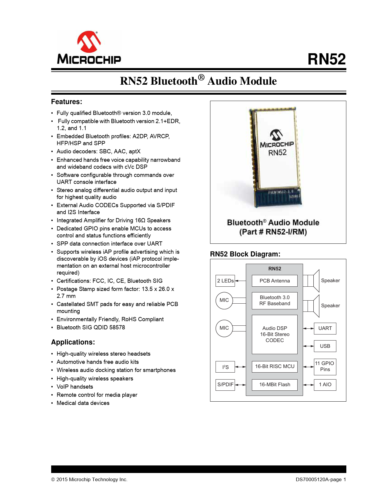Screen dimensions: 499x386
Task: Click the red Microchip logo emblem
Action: pos(89,41)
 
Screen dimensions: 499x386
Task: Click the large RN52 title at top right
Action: pos(326,59)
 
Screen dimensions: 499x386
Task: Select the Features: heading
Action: pos(67,102)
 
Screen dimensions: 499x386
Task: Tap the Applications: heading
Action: pos(73,342)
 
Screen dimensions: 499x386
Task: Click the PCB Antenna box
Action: pos(275,281)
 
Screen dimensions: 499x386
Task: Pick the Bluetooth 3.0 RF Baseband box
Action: pos(275,301)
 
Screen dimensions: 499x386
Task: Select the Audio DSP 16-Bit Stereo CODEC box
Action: pos(275,334)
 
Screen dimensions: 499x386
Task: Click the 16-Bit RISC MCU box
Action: pos(275,367)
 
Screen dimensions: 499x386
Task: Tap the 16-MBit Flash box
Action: pos(275,385)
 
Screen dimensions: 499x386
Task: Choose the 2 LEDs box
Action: pos(225,281)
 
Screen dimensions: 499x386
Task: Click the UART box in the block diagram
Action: pos(325,328)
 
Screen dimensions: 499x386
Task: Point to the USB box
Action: pos(325,346)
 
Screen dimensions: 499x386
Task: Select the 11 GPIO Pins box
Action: pos(325,367)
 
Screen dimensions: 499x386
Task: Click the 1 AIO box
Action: pos(325,385)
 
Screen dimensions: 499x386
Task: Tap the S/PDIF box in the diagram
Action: pos(225,385)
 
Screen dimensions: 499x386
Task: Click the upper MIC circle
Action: pos(224,300)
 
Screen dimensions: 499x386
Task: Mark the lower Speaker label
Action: pos(330,306)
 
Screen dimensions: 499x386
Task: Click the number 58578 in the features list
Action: pos(117,328)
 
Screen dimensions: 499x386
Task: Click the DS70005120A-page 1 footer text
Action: pos(321,480)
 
